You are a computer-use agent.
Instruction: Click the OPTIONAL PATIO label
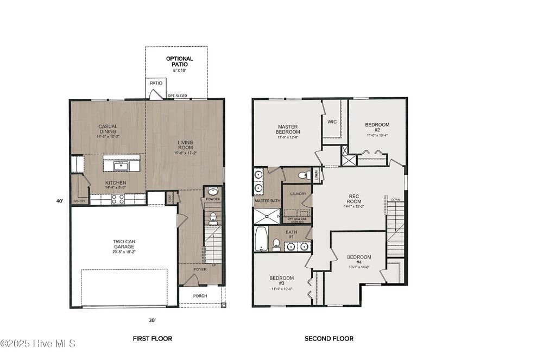[179, 61]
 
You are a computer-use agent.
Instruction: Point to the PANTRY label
[79, 201]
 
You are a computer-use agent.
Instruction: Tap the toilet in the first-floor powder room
[213, 218]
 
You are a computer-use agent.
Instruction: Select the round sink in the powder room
[213, 191]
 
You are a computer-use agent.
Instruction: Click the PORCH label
[200, 296]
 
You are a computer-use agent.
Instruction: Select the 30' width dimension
[153, 320]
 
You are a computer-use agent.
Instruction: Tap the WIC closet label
[332, 122]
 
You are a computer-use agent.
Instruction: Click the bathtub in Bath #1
[262, 239]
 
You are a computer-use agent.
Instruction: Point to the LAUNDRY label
[298, 194]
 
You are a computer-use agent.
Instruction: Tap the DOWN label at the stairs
[395, 200]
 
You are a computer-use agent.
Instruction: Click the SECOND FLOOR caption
[328, 339]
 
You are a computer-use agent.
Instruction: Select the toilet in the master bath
[307, 175]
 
